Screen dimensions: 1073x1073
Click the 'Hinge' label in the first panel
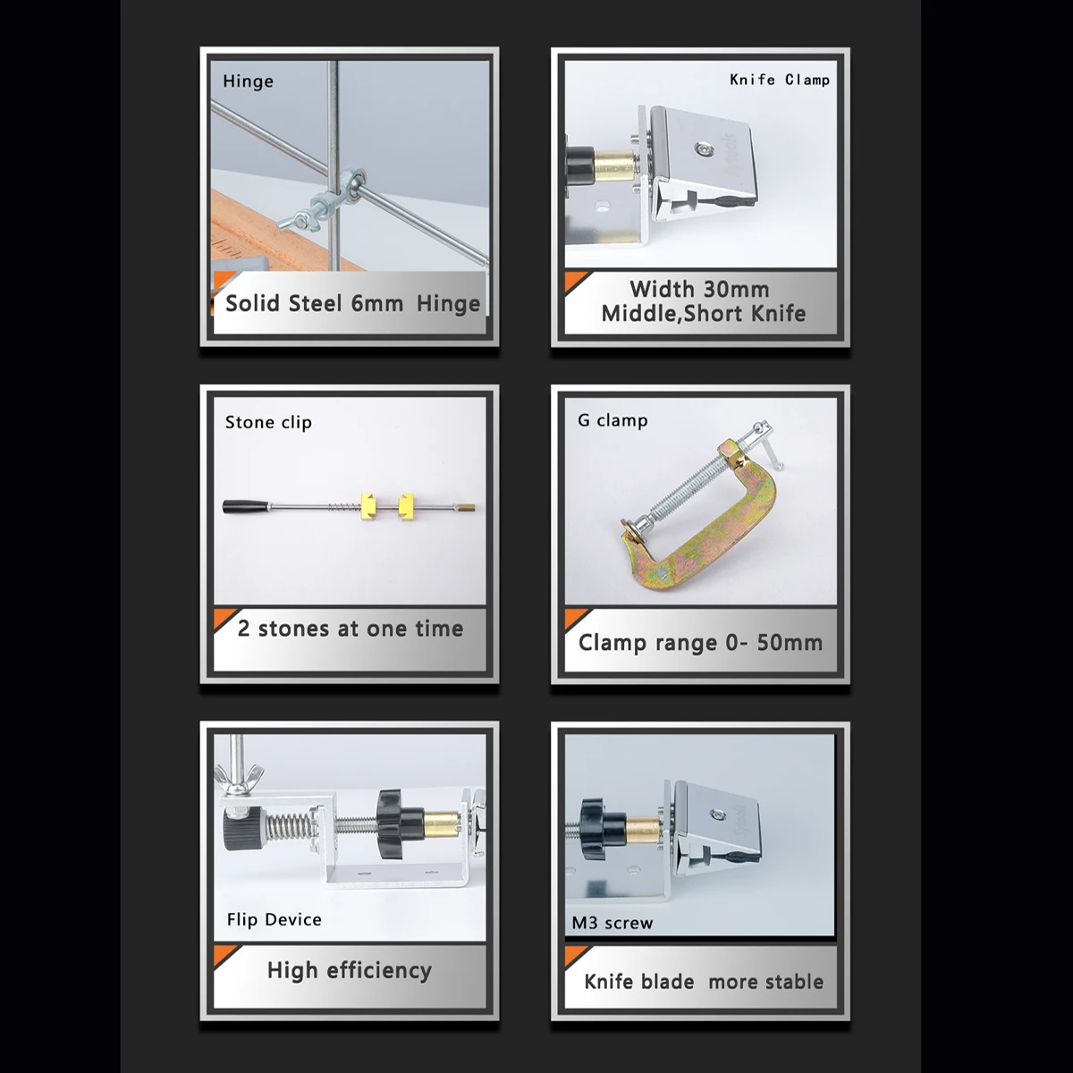pos(248,81)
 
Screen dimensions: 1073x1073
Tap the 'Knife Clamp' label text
pos(780,80)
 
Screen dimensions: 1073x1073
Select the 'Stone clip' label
pos(268,423)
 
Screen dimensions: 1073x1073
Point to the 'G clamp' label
pos(613,420)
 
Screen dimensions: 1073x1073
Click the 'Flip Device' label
pos(274,919)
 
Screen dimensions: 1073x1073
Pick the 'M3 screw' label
pos(612,923)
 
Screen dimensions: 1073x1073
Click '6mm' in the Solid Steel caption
pos(377,303)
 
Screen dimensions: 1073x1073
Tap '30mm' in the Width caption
pos(735,290)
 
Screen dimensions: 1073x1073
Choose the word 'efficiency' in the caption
pos(378,970)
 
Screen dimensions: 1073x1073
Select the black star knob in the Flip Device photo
pos(396,824)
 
